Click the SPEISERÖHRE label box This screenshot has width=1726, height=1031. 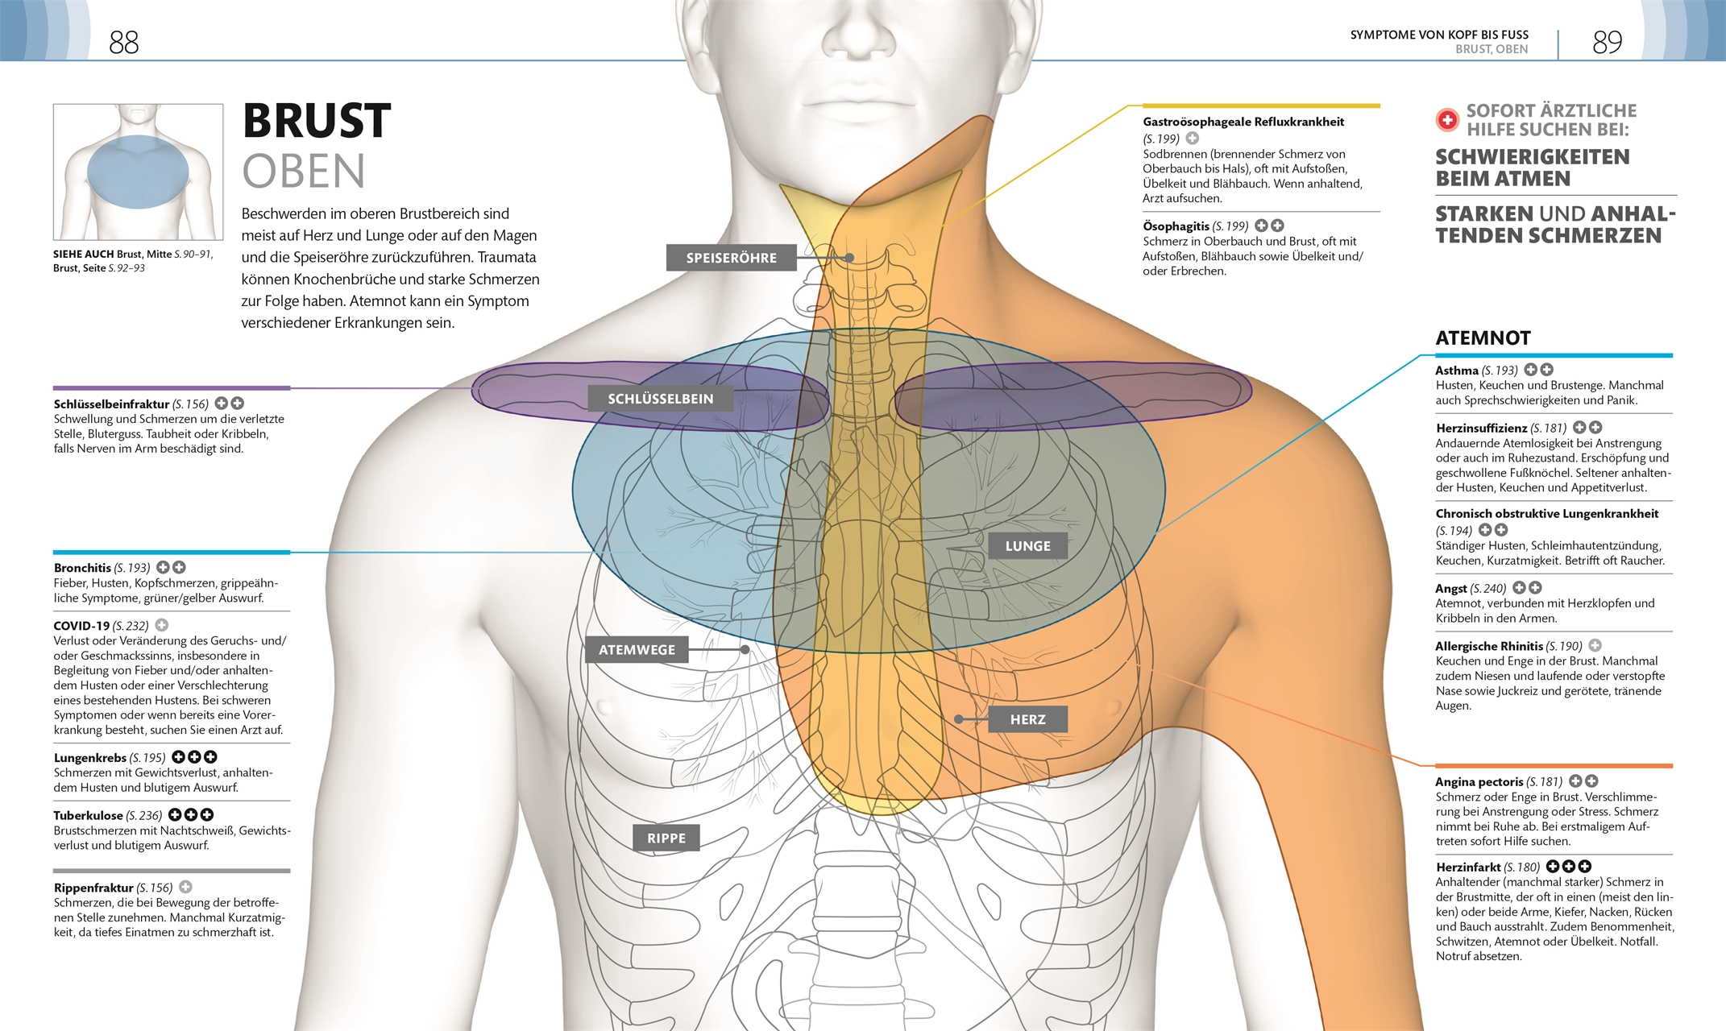pos(731,258)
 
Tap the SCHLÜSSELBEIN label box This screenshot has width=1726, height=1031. pos(660,399)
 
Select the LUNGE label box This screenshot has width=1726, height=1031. pos(1027,546)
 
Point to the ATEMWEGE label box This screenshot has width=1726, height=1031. pos(637,650)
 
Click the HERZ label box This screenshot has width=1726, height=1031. pos(1027,719)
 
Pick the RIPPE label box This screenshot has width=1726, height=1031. pos(666,838)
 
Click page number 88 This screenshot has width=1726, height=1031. pos(124,42)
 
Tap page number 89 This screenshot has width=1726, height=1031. pos(1607,42)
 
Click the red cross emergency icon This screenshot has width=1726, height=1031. pos(1447,120)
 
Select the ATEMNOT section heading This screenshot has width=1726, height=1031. pos(1483,338)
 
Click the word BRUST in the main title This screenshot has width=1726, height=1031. pos(317,121)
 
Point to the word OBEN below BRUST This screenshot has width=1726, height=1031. pos(304,172)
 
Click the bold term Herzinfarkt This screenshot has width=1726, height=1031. pos(1467,867)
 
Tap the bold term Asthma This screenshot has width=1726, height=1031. pos(1456,371)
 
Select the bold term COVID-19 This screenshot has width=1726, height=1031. pos(81,626)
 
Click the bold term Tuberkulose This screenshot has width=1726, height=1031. pos(88,816)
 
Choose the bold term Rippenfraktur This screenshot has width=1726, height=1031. pos(93,888)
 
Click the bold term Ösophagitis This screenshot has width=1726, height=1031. pos(1176,226)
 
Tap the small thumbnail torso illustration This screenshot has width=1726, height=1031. pos(138,172)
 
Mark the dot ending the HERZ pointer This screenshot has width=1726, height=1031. pos(959,719)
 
